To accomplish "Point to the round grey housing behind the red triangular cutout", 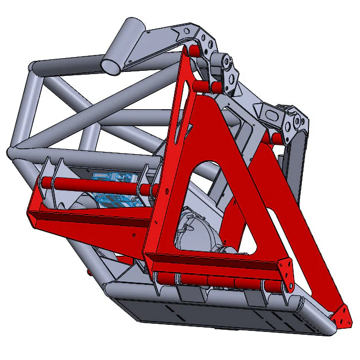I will [x=199, y=230].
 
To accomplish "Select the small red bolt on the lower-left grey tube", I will [x=88, y=272].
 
